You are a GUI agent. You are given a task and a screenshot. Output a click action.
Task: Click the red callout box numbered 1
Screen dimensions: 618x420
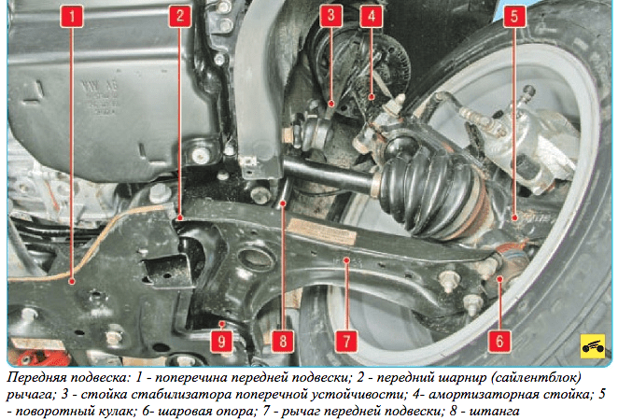tap(72, 16)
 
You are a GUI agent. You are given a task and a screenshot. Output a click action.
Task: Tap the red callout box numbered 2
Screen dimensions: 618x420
tap(180, 16)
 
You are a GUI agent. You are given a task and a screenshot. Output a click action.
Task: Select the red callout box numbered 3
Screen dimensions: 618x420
tap(330, 16)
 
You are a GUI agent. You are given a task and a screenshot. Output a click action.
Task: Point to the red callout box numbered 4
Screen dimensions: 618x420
tap(371, 16)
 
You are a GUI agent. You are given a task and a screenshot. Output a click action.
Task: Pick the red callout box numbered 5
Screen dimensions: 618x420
tap(514, 16)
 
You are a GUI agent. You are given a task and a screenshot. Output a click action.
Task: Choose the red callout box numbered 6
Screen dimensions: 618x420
tap(499, 341)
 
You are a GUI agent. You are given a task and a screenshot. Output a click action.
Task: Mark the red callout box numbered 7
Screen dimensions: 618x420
tap(346, 341)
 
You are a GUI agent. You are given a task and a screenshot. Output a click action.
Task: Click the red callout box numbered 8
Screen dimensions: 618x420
tap(283, 341)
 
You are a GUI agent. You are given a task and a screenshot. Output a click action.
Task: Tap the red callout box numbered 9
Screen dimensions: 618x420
tap(221, 341)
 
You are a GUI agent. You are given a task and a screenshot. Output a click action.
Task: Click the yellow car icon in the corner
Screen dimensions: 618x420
tap(593, 346)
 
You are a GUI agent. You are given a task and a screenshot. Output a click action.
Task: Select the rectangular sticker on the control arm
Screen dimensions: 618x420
tap(322, 231)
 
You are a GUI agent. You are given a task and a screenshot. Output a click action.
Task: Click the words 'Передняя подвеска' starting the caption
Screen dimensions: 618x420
tap(68, 378)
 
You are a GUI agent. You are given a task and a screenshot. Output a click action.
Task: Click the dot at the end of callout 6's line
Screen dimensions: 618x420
tap(499, 279)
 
